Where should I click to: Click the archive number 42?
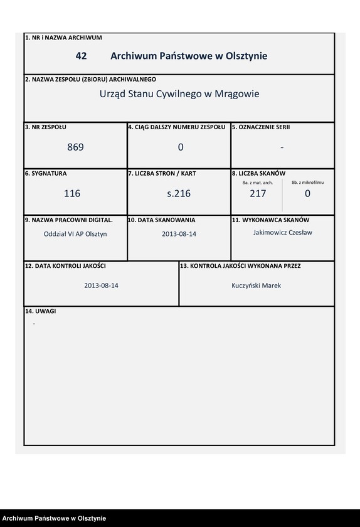(x=81, y=56)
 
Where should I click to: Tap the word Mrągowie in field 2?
(x=237, y=94)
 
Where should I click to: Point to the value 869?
(x=75, y=147)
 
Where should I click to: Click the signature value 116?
(x=72, y=194)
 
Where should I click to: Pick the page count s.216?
(x=179, y=194)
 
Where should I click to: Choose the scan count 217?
(x=258, y=194)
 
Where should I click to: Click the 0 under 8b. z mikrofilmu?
(x=307, y=194)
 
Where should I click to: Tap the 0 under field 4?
(x=181, y=147)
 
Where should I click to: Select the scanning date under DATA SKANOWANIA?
(x=179, y=234)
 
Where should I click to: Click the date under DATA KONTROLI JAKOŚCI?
(x=102, y=285)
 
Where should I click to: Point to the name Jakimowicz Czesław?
(x=282, y=233)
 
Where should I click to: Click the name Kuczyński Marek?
(x=257, y=285)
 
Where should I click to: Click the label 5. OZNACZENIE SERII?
(x=261, y=127)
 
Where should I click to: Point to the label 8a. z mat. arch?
(x=257, y=183)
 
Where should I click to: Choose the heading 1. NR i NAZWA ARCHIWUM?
(x=63, y=38)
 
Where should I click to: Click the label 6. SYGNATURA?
(x=46, y=173)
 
